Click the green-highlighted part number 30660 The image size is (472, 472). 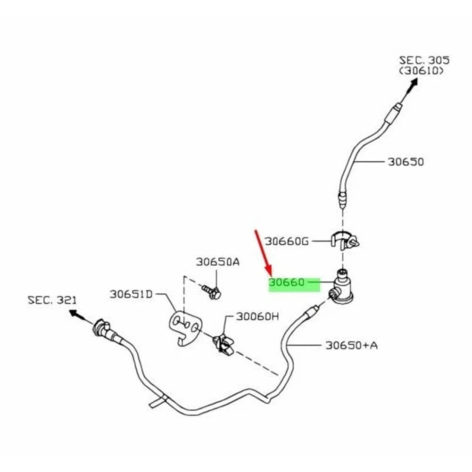[x=287, y=282]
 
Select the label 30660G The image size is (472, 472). [x=287, y=241]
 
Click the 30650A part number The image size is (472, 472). [x=218, y=262]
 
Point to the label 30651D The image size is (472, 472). [x=131, y=294]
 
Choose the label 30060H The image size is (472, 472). [x=257, y=316]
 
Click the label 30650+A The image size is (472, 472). [x=352, y=345]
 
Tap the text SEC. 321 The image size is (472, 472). [x=52, y=300]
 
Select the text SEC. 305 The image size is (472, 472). [x=424, y=60]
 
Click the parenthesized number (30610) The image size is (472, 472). [x=422, y=71]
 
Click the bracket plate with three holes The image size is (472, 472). [x=185, y=328]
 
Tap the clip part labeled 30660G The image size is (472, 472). [x=345, y=241]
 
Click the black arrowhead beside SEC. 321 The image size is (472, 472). [x=74, y=314]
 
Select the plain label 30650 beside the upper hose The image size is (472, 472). [x=406, y=162]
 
